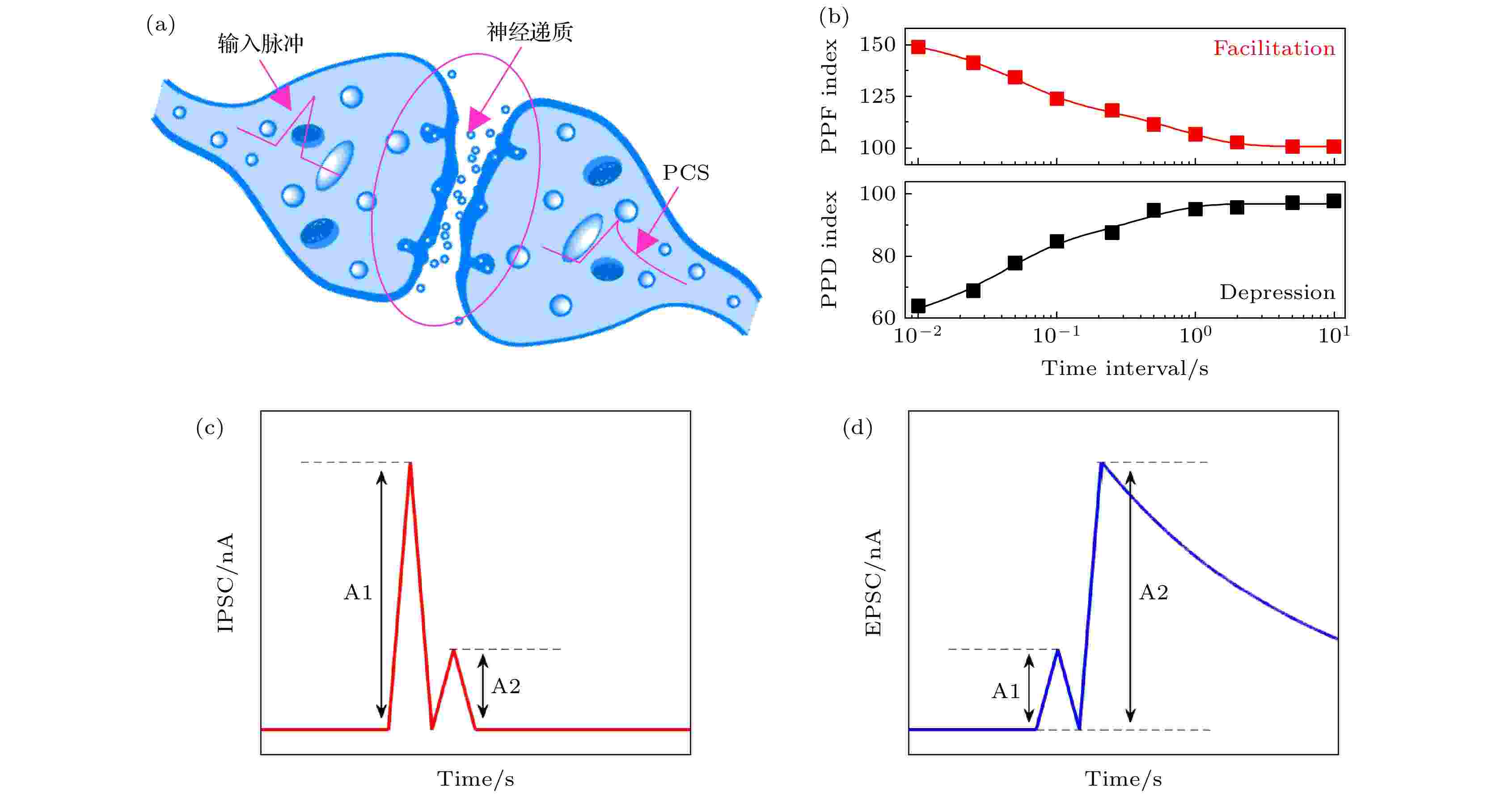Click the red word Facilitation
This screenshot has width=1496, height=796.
[x=1274, y=48]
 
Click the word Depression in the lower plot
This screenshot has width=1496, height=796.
[x=1277, y=292]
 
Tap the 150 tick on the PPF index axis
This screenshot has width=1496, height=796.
[x=878, y=45]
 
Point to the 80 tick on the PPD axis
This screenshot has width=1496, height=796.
[x=884, y=256]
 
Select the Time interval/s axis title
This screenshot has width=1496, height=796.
[x=1125, y=369]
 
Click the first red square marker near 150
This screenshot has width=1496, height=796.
[x=918, y=47]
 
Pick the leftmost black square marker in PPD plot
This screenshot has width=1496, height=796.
[x=918, y=305]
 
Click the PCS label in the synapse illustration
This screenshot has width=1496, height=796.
[x=686, y=173]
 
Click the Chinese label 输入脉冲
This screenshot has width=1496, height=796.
[x=261, y=43]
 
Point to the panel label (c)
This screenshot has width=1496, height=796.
[x=210, y=428]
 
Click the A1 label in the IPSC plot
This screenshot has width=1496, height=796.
[x=358, y=592]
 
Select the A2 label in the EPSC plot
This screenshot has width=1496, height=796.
[x=1154, y=592]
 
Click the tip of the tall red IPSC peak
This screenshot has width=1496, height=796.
[x=410, y=464]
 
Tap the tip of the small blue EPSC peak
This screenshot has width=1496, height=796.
[x=1057, y=650]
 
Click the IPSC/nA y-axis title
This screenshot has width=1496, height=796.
[x=225, y=582]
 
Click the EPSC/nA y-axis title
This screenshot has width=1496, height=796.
[x=873, y=582]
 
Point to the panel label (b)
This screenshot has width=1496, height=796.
[x=834, y=17]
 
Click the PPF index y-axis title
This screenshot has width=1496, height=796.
[x=829, y=97]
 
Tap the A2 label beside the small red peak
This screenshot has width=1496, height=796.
[x=506, y=686]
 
